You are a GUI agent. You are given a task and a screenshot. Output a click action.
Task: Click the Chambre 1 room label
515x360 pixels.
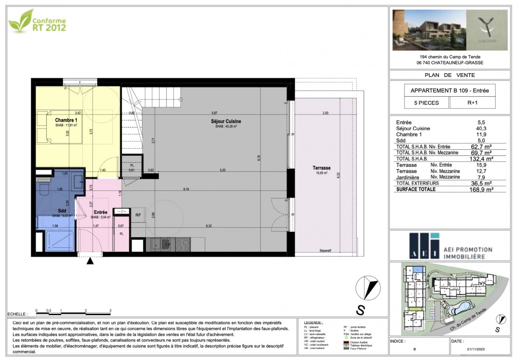pos(66,120)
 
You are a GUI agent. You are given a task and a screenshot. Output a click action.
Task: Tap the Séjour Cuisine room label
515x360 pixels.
pos(226,121)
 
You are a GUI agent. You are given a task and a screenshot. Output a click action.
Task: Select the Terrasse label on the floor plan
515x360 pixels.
pos(321,168)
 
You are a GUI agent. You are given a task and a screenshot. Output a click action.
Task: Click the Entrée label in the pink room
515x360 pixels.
pos(100,212)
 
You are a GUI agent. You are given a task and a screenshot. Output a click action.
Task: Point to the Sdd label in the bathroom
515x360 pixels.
pos(62,211)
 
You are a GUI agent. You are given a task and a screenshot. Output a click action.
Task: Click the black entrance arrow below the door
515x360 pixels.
pos(90,261)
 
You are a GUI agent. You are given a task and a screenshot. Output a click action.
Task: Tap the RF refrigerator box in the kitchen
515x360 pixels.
pos(138,215)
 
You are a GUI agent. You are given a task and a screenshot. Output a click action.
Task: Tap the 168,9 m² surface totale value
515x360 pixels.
pos(481,189)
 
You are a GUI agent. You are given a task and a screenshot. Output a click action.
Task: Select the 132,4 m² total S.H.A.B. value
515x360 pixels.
pos(481,159)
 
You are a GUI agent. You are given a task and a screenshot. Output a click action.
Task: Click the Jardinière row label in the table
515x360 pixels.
pos(407,177)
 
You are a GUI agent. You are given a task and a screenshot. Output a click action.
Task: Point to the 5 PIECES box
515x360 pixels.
pos(426,103)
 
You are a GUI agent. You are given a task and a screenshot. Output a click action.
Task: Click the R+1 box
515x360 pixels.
pos(472,103)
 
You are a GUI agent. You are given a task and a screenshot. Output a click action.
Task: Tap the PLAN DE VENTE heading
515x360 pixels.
pos(449,75)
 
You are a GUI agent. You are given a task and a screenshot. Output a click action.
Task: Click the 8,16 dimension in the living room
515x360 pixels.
pos(186,189)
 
